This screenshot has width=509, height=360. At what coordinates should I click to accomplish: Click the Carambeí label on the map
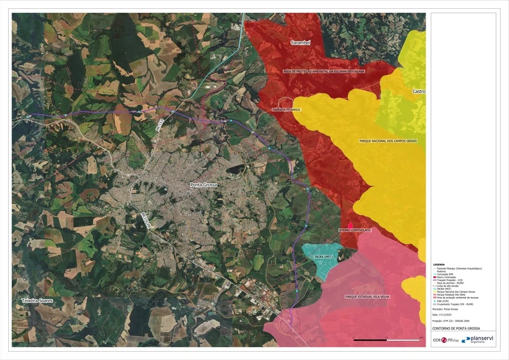tap(300, 43)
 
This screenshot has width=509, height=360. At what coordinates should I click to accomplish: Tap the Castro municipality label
tap(419, 92)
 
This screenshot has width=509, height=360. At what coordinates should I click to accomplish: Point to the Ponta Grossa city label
tap(204, 184)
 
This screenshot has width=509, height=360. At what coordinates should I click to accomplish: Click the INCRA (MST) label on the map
tap(324, 256)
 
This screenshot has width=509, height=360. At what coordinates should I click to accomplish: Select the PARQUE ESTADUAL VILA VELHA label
tap(370, 296)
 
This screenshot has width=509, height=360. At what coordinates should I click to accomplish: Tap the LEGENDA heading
tap(439, 265)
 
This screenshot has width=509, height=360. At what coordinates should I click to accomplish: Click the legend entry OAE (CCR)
tap(443, 301)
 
